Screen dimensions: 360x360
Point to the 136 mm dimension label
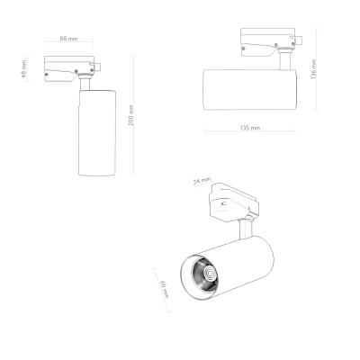(x=313, y=69)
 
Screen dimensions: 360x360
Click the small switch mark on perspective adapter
(x=220, y=205)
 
